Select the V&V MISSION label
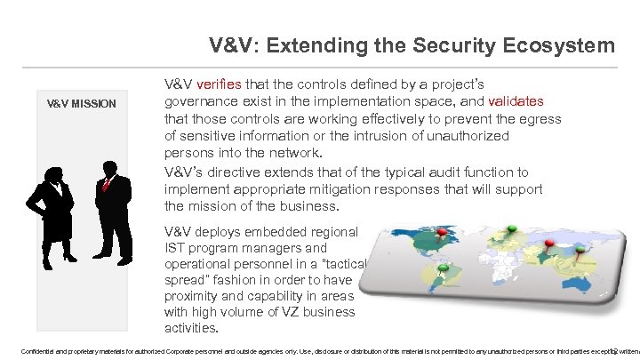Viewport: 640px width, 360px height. point(82,103)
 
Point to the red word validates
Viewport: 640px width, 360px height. point(524,101)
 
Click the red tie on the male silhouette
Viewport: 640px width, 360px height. point(106,184)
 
